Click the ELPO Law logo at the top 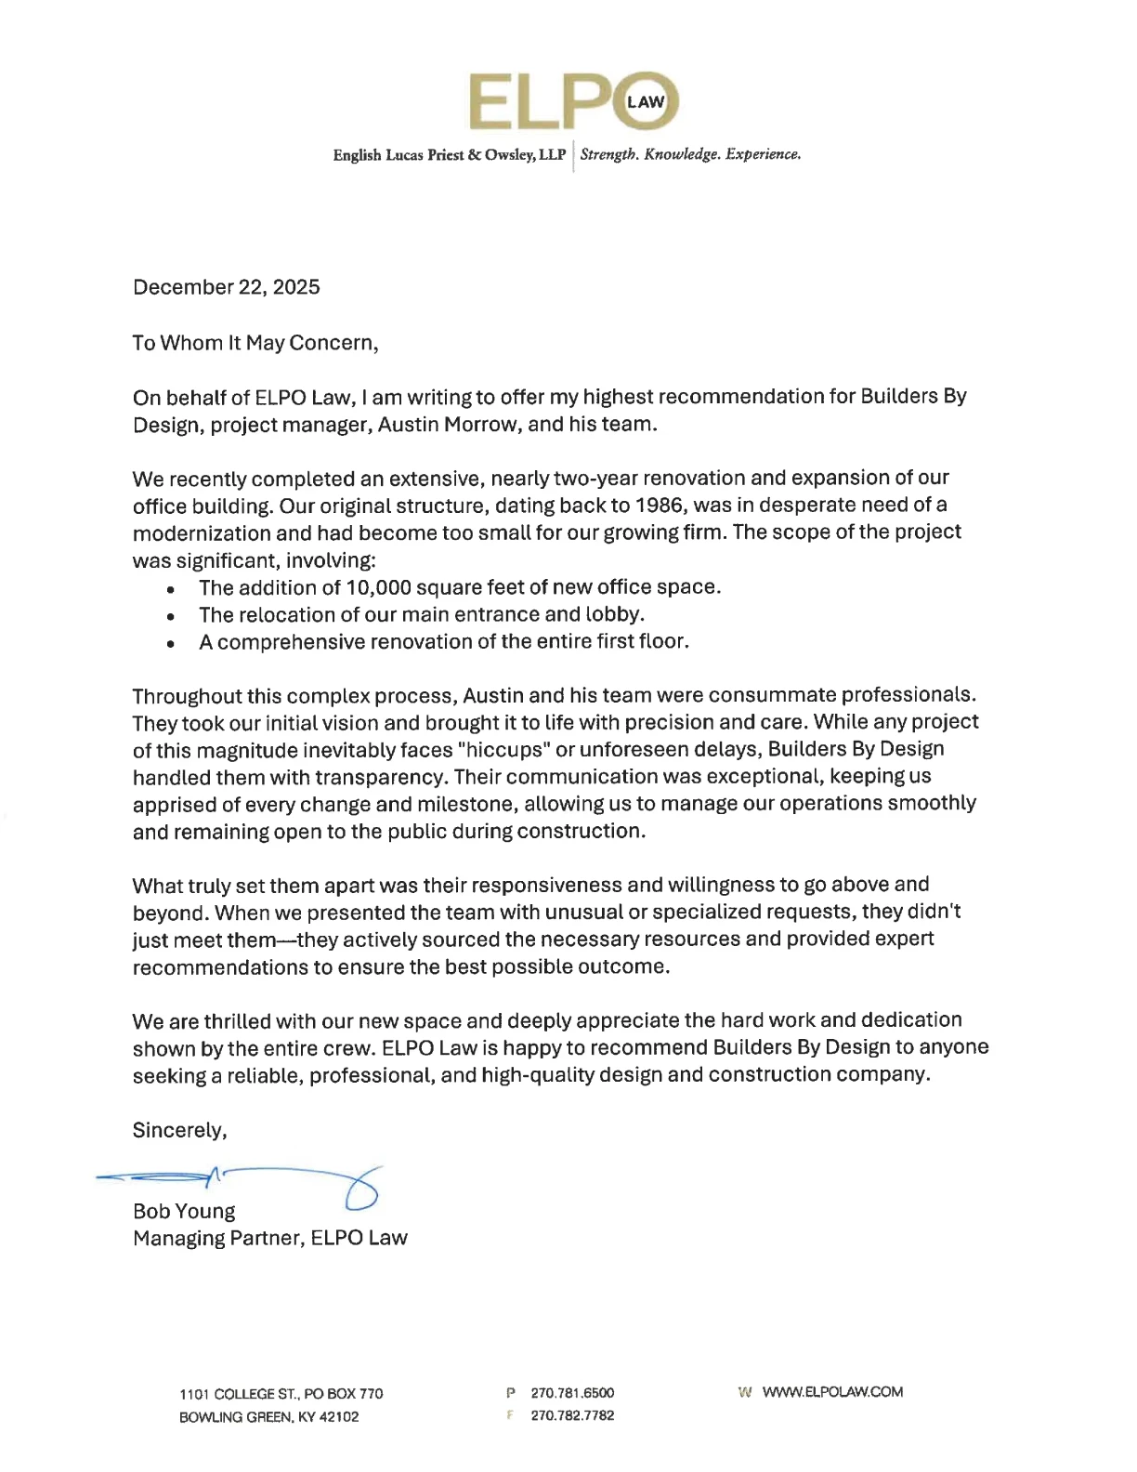tap(573, 100)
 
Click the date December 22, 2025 tap(226, 287)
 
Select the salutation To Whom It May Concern tap(255, 343)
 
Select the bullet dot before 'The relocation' tap(170, 616)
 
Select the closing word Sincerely tap(178, 1130)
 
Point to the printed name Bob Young tap(184, 1212)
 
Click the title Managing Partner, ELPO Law tap(269, 1239)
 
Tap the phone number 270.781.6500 tap(572, 1393)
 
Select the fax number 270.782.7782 tap(572, 1415)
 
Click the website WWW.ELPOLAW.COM tap(832, 1392)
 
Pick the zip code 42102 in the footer tap(339, 1417)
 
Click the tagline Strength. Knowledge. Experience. tap(690, 154)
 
